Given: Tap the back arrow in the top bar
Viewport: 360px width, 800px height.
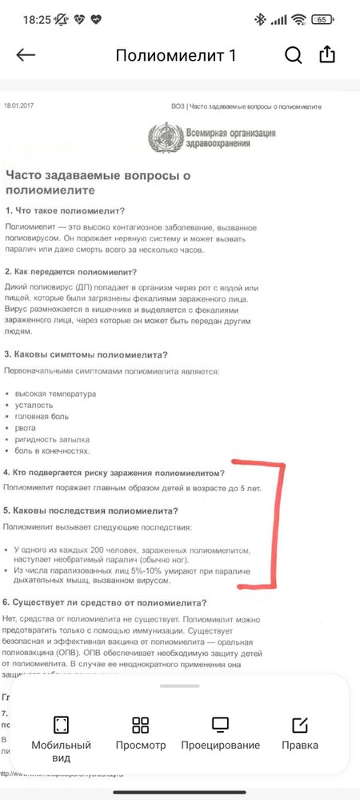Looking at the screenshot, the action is point(26,55).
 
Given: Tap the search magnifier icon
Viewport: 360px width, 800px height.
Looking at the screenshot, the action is point(294,54).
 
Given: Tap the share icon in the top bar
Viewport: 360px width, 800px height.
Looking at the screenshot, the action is point(327,54).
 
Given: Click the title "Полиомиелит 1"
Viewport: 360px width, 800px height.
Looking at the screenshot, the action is point(176,55).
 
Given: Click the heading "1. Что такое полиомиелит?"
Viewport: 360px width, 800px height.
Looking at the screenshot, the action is point(65,210).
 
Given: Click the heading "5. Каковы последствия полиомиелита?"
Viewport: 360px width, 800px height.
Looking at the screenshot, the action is point(90,510).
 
